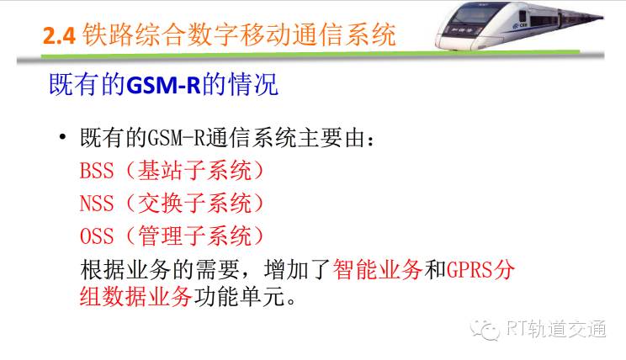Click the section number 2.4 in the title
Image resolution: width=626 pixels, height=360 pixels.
click(59, 35)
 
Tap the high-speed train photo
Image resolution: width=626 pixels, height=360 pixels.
click(519, 26)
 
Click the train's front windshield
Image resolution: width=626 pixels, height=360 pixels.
click(471, 16)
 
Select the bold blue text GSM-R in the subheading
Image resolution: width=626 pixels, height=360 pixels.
click(163, 85)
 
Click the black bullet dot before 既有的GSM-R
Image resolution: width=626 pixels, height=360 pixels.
click(62, 137)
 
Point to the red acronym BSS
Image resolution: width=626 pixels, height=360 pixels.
click(97, 171)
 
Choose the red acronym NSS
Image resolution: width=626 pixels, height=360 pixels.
click(97, 204)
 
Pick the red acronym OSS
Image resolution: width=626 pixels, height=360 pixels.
click(97, 236)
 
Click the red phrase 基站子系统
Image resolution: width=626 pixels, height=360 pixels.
click(195, 171)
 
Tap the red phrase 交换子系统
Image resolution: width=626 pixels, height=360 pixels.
click(195, 204)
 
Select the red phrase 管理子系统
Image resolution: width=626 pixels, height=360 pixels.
click(195, 236)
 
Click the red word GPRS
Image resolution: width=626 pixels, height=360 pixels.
click(469, 270)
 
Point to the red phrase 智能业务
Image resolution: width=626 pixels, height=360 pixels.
click(377, 269)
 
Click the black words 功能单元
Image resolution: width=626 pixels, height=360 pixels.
click(240, 296)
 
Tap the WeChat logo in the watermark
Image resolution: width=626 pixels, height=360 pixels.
click(485, 330)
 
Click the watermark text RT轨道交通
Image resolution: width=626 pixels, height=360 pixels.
click(556, 329)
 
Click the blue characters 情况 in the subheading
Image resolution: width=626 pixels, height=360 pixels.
click(252, 85)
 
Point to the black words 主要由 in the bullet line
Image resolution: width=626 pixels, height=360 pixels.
click(332, 138)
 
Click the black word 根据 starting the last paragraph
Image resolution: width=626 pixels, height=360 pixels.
click(103, 269)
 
